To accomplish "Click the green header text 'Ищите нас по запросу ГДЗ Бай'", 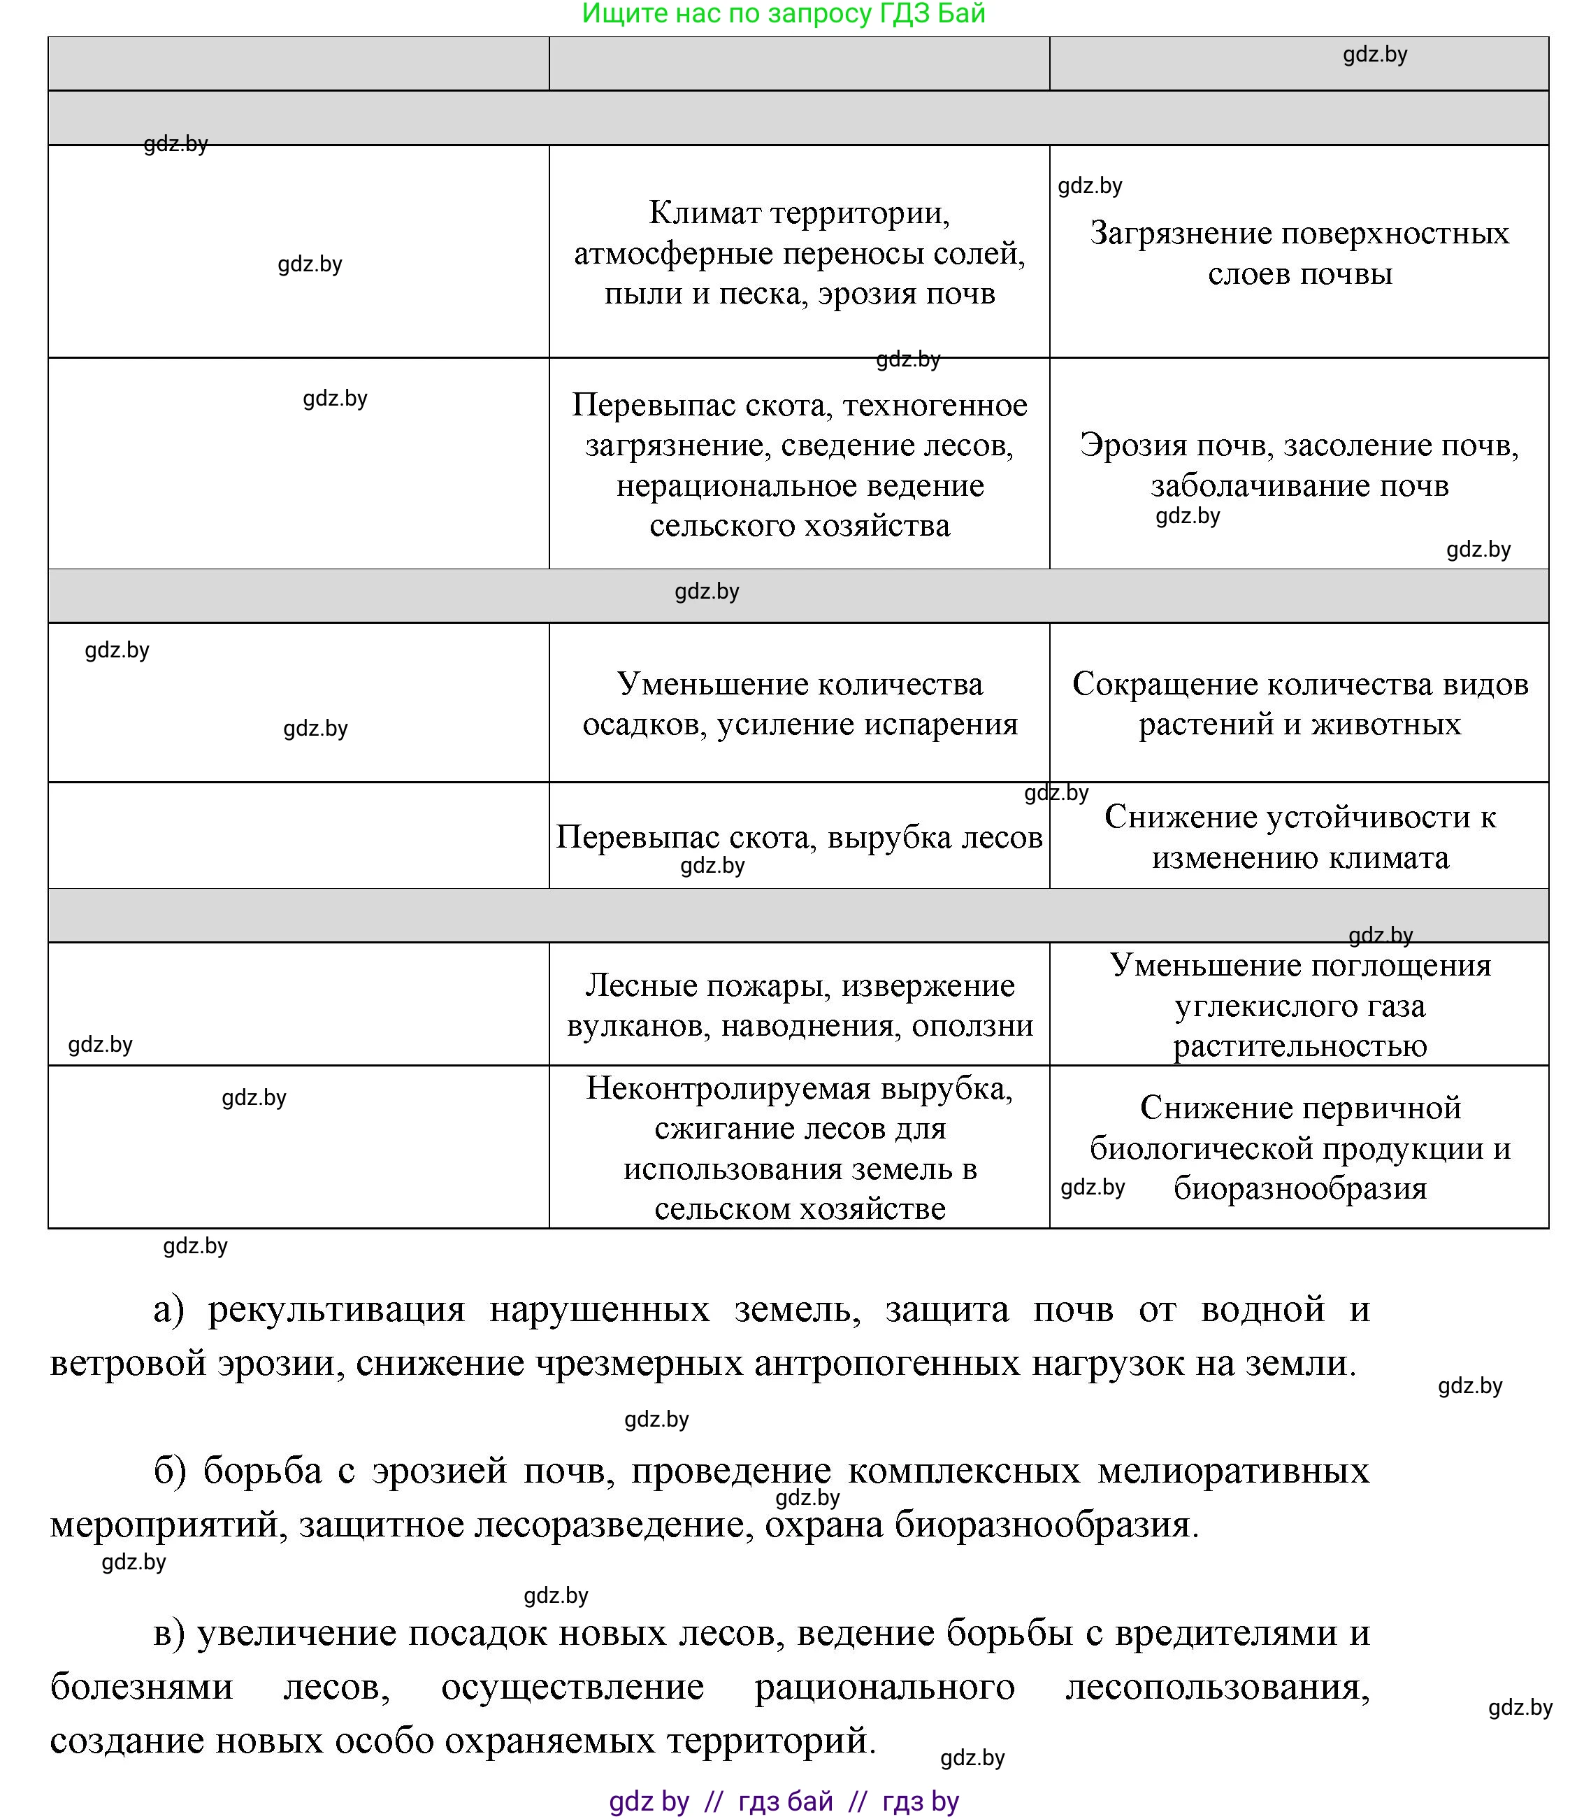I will (x=784, y=14).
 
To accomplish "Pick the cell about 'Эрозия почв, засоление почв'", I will (x=1299, y=464).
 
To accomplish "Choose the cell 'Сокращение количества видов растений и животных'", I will (x=1299, y=704).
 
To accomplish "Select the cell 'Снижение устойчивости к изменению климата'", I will (x=1299, y=836).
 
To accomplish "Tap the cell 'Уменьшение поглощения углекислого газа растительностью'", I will (x=1299, y=1005).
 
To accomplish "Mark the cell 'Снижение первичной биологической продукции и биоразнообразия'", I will (x=1299, y=1148).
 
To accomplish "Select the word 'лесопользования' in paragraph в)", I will (x=1216, y=1686).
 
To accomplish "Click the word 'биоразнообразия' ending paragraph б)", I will (x=1046, y=1525).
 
